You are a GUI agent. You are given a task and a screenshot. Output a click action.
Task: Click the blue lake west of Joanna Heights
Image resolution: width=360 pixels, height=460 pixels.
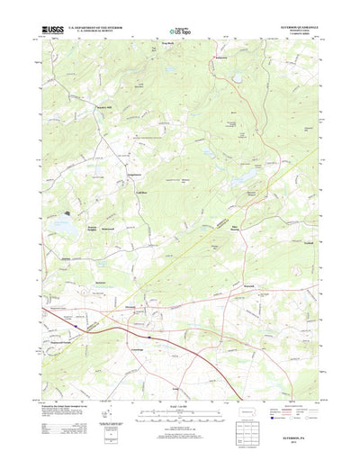coord(61,220)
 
